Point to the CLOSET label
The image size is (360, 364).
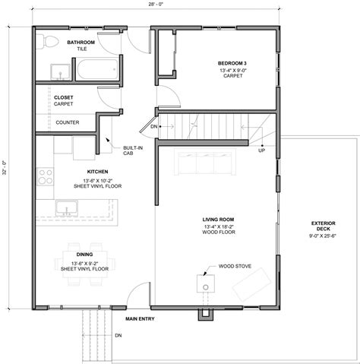coord(64,97)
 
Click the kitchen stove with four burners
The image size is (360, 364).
coord(45,177)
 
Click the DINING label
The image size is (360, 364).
coord(85,255)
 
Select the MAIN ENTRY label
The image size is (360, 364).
coord(141,318)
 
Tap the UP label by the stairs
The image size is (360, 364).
coord(261,150)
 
